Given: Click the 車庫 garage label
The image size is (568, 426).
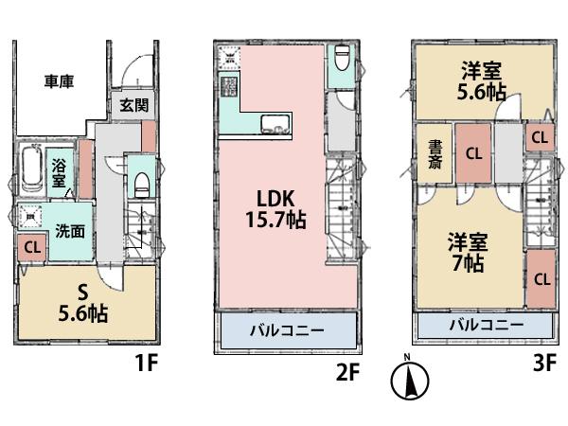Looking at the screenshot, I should [60, 81].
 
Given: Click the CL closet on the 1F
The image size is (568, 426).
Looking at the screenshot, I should [31, 249].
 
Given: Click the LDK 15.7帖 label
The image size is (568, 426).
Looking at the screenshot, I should [276, 210].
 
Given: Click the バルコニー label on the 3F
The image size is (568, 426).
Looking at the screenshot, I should [486, 325].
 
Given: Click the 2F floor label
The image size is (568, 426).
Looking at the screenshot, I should [348, 372].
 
